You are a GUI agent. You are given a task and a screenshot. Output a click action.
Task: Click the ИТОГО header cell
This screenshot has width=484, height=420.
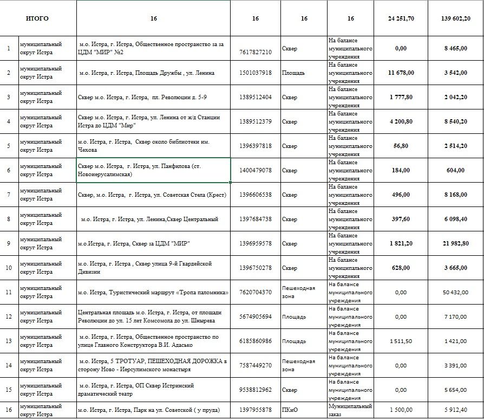coord(37,18)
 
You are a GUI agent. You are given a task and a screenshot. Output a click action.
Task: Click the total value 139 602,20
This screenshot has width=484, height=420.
coord(455,18)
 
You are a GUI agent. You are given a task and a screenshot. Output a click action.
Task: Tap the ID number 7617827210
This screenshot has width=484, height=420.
coord(255,51)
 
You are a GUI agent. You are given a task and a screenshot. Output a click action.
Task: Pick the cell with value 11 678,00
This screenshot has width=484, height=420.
coord(401,73)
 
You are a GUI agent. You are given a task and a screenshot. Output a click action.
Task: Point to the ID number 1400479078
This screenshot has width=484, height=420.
coord(255,171)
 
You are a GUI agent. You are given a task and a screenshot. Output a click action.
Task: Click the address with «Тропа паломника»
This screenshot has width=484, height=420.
coord(153,293)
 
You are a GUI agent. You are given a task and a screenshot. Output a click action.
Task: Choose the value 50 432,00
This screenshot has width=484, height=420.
coord(455,293)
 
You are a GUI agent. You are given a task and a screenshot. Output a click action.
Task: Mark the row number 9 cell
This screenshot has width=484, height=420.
coord(9,243)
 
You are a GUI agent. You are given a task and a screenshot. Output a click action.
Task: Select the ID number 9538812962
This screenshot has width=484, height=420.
coord(255,390)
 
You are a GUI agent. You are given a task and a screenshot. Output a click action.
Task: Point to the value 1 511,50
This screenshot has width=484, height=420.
coord(401,341)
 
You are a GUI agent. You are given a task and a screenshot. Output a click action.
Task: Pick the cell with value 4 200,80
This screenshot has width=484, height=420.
coord(401,121)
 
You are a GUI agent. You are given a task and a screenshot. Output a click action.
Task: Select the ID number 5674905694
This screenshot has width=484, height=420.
coord(255,316)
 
